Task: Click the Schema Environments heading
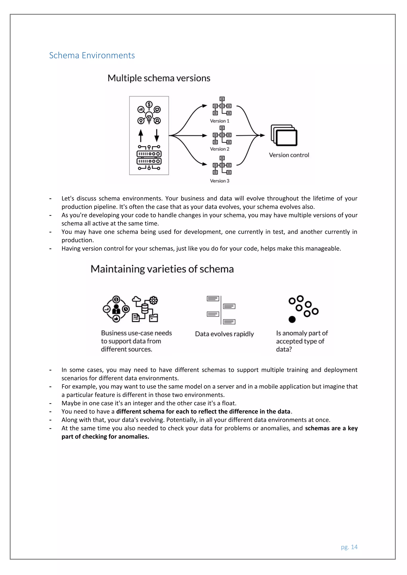tap(92, 55)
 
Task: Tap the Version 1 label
tap(220, 121)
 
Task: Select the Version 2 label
tap(220, 149)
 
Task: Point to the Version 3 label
tap(220, 181)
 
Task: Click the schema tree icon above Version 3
tap(222, 165)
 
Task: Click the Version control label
tap(289, 155)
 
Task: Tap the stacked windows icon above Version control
tap(284, 135)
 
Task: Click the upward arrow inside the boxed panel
tap(141, 135)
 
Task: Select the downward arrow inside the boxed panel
tap(157, 135)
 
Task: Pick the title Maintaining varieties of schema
tap(162, 269)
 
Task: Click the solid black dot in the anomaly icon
tap(292, 319)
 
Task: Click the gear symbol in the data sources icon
tap(153, 300)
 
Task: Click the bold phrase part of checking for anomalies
tap(105, 436)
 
